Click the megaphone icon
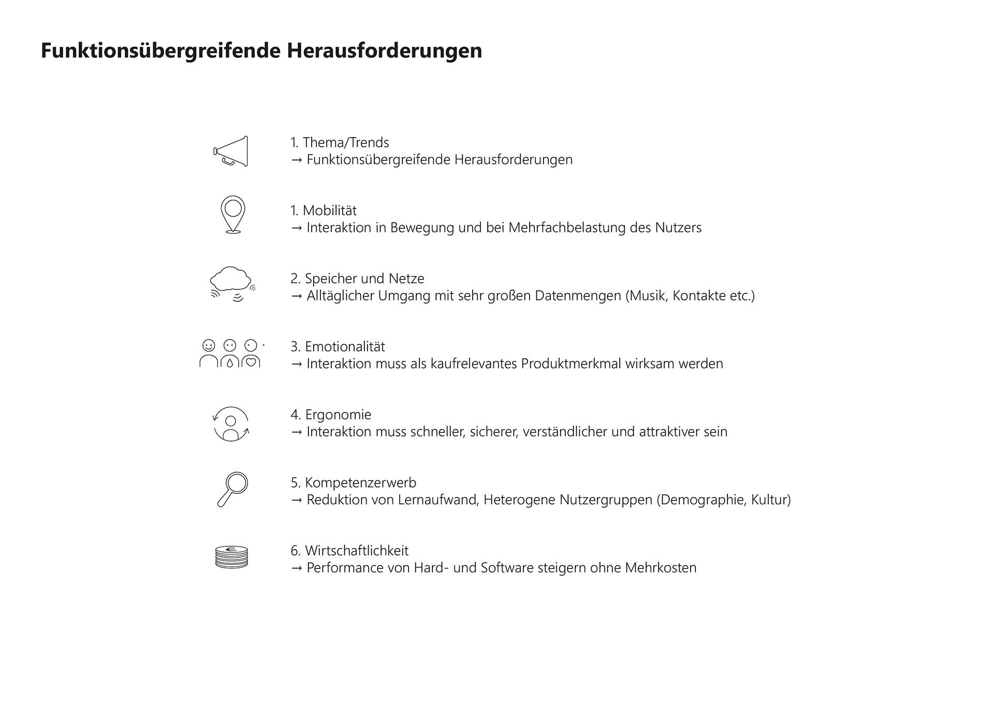(x=231, y=151)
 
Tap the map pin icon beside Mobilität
(x=233, y=214)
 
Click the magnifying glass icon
(x=232, y=489)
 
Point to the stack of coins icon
(x=231, y=558)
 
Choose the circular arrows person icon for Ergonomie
(x=231, y=424)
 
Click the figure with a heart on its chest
(x=251, y=355)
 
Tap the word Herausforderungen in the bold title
(x=384, y=51)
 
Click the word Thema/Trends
(x=346, y=142)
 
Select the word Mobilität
(x=330, y=211)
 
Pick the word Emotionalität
(x=345, y=346)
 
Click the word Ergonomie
(x=338, y=415)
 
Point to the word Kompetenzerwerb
(x=360, y=482)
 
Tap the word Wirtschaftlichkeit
(x=357, y=551)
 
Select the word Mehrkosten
(x=661, y=568)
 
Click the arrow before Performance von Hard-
(x=296, y=568)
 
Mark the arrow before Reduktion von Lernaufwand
(x=296, y=501)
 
